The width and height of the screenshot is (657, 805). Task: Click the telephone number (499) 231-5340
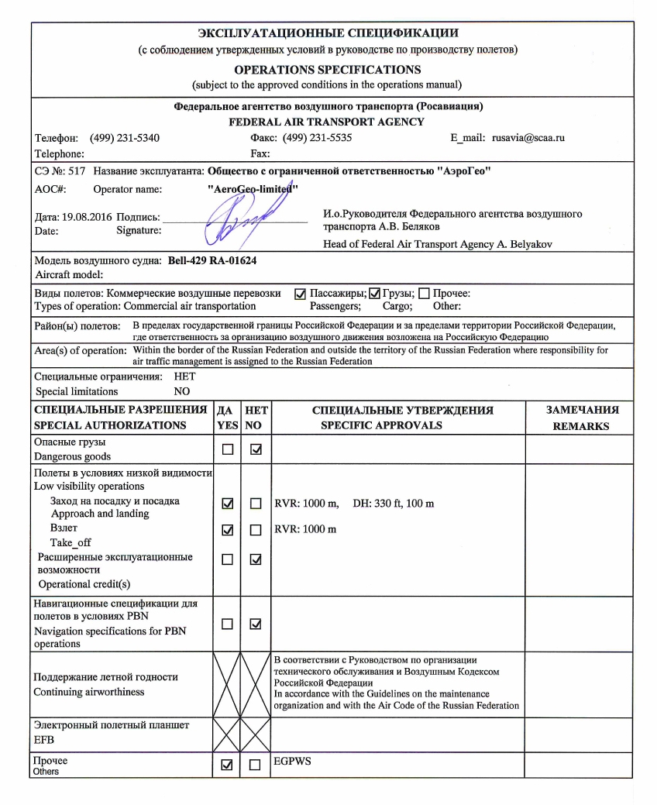click(125, 138)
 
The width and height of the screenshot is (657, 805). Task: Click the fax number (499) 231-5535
click(318, 138)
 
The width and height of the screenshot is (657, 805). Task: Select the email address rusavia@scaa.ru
click(528, 138)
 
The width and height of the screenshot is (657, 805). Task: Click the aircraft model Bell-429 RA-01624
click(212, 260)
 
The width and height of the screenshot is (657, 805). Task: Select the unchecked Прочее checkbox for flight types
click(424, 294)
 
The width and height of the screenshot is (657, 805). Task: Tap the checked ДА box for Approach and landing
click(227, 504)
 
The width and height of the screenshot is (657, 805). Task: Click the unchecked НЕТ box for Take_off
click(255, 531)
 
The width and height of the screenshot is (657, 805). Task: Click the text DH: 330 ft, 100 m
click(394, 504)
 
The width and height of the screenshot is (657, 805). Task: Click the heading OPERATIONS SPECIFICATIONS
click(328, 70)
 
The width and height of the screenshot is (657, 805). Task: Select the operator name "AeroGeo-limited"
click(254, 189)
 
